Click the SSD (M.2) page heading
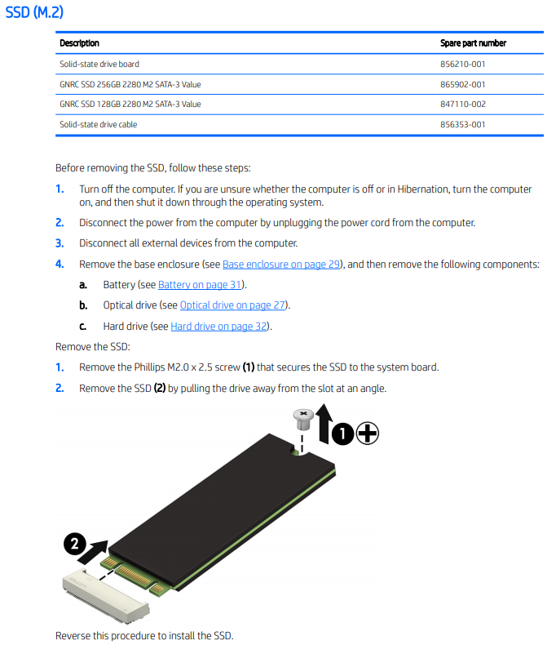click(34, 14)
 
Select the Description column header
click(79, 43)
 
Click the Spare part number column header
click(473, 43)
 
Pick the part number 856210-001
click(462, 64)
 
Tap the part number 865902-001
click(462, 84)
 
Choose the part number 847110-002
click(462, 105)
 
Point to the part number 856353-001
click(462, 125)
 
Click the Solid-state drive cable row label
click(98, 125)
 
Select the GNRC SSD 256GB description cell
click(130, 84)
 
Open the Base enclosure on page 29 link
click(280, 265)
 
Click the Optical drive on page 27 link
click(234, 305)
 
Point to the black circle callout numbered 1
click(344, 434)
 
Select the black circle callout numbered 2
click(75, 545)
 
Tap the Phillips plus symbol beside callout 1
click(368, 434)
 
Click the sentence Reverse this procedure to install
click(149, 635)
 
